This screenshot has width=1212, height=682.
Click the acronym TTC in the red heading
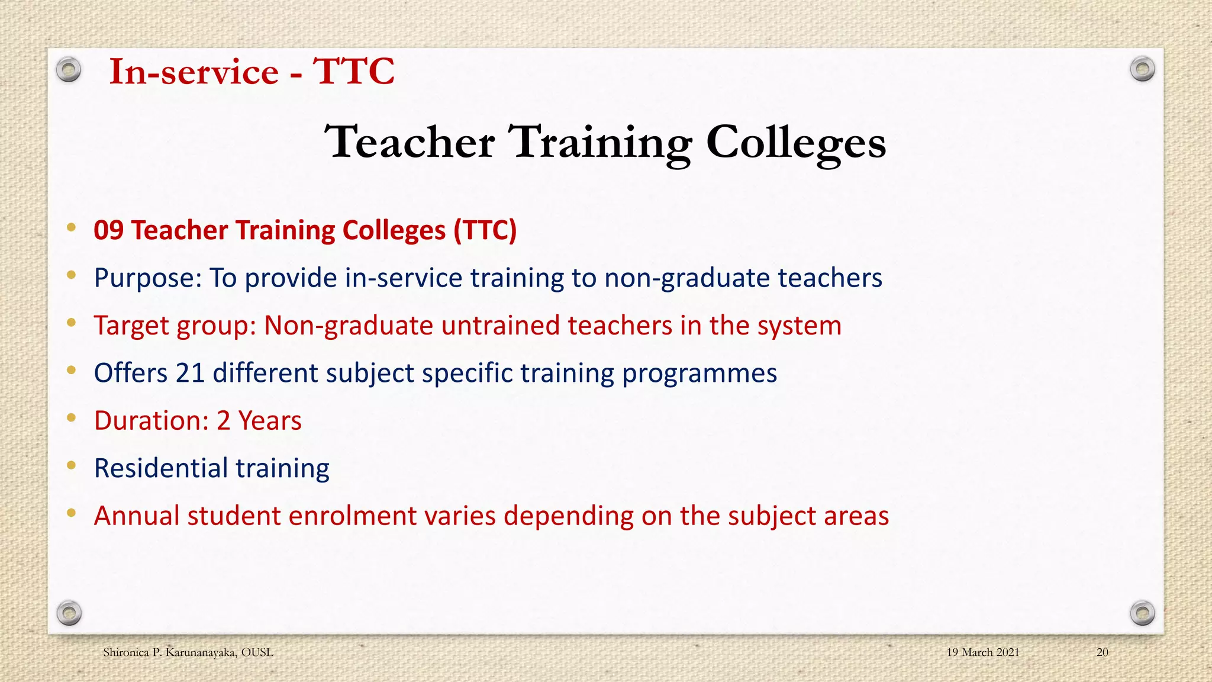(x=353, y=72)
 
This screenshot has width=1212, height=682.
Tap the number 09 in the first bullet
(x=108, y=230)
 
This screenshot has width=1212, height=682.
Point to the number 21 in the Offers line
(x=190, y=373)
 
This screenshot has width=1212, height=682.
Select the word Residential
(x=161, y=468)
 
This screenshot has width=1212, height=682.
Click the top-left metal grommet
(x=69, y=70)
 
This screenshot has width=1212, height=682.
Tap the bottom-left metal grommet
(x=69, y=613)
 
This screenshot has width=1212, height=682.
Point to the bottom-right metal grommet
(x=1142, y=613)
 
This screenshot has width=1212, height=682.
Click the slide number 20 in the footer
(x=1102, y=652)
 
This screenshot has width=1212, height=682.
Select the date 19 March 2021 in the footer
(x=982, y=652)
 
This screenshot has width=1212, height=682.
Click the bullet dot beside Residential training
(x=71, y=465)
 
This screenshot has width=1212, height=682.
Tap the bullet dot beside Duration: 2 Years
(x=71, y=418)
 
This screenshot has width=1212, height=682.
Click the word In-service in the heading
(x=194, y=72)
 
